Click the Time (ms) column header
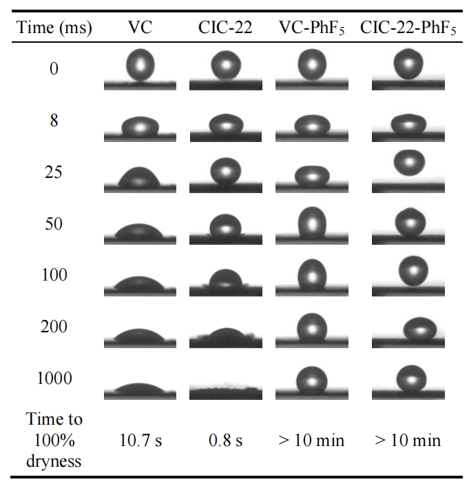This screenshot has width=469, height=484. point(54,28)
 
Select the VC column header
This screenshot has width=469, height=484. point(140,28)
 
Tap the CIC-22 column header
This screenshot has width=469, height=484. point(225,28)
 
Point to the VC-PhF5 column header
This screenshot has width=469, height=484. point(311,28)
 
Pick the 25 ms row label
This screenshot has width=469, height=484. point(54,172)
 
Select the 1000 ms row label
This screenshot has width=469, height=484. point(54,378)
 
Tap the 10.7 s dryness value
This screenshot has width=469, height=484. point(140,440)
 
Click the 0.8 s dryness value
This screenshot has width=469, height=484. point(225,440)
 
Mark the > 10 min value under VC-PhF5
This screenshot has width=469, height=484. point(311,440)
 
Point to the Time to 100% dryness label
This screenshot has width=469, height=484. point(54,440)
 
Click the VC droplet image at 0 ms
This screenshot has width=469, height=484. point(140,67)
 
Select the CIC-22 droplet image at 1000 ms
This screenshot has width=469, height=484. point(225,390)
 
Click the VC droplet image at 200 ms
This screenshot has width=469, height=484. point(140,336)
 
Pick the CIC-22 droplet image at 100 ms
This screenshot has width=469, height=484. point(225,279)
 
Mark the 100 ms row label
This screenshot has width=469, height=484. point(54,275)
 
